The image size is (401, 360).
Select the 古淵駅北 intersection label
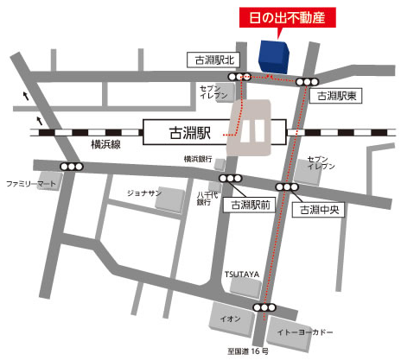pos(213,59)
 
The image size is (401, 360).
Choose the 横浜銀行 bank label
pos(198,160)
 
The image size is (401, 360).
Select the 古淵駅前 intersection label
pos(247,205)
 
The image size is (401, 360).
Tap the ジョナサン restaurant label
pos(144,193)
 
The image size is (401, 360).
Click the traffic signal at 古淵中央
pos(287,186)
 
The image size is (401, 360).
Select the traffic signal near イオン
pos(264,307)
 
